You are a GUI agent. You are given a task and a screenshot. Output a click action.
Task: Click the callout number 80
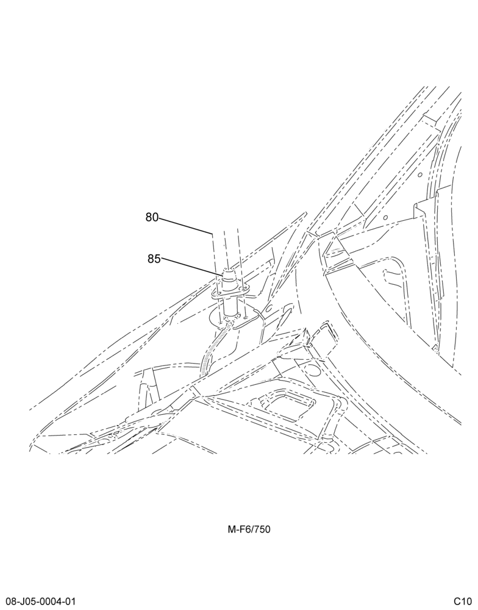click(x=152, y=217)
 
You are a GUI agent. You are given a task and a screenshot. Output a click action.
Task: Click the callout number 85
click(x=154, y=259)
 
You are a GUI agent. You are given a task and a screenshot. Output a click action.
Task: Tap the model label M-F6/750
click(x=249, y=529)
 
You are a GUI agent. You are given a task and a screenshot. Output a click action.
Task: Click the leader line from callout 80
click(x=185, y=226)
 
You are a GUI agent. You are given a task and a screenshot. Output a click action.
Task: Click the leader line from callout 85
click(x=191, y=267)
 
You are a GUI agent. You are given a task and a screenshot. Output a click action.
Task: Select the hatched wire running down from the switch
click(x=213, y=347)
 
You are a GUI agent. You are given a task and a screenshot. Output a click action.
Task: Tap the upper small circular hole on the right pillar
click(x=420, y=174)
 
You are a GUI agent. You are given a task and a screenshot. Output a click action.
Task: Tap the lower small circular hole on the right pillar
click(x=385, y=218)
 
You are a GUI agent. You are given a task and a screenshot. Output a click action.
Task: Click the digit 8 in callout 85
click(x=151, y=259)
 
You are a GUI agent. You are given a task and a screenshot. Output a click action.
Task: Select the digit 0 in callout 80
click(x=155, y=217)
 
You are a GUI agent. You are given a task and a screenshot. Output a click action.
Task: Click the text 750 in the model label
click(x=262, y=529)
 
